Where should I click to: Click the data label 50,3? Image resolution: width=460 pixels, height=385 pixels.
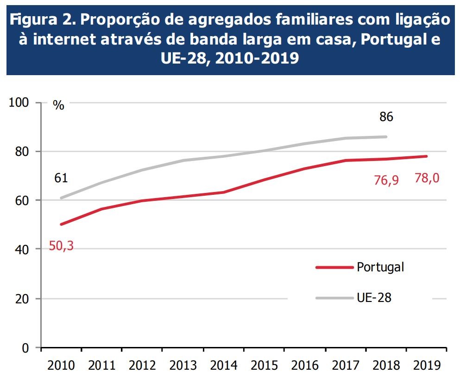[x=61, y=246]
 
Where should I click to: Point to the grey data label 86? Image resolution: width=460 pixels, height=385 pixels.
[x=386, y=117]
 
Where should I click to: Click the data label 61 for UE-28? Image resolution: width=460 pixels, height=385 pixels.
[x=61, y=178]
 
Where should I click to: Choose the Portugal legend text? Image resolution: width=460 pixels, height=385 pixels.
[x=380, y=267]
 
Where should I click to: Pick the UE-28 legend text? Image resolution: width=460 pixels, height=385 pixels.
[x=374, y=297]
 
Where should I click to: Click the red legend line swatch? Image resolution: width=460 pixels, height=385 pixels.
[x=334, y=268]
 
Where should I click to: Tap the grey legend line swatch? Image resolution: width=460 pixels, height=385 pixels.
[x=334, y=298]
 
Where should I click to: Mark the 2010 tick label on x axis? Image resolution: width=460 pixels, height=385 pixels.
[x=61, y=366]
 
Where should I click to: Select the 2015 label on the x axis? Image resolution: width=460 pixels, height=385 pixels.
[x=264, y=366]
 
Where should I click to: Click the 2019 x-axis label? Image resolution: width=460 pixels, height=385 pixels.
[x=427, y=366]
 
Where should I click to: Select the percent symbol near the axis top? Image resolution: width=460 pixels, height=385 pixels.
[x=58, y=105]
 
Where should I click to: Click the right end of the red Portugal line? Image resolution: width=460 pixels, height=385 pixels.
[x=426, y=156]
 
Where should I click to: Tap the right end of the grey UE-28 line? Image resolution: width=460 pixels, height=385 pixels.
[x=386, y=137]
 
